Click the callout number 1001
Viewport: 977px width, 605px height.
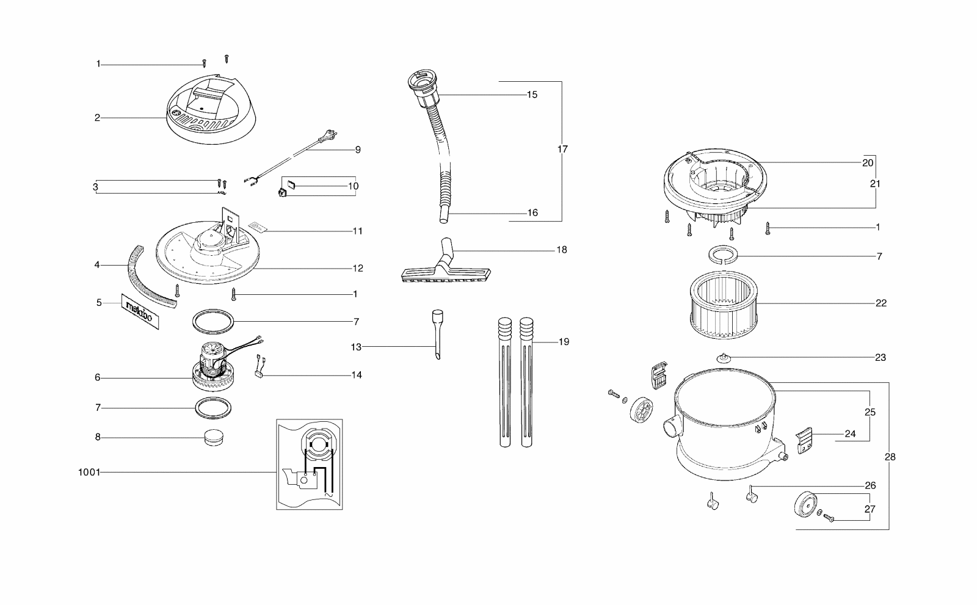[x=89, y=472]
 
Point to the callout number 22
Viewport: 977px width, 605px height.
[x=881, y=303]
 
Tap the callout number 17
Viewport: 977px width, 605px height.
[x=562, y=149]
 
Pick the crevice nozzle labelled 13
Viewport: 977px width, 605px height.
[x=437, y=335]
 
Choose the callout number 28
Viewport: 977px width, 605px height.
[x=890, y=457]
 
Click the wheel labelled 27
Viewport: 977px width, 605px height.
[x=806, y=504]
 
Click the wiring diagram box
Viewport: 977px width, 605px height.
[x=309, y=464]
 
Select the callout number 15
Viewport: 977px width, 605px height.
[x=532, y=95]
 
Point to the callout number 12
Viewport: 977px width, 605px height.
[x=357, y=268]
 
